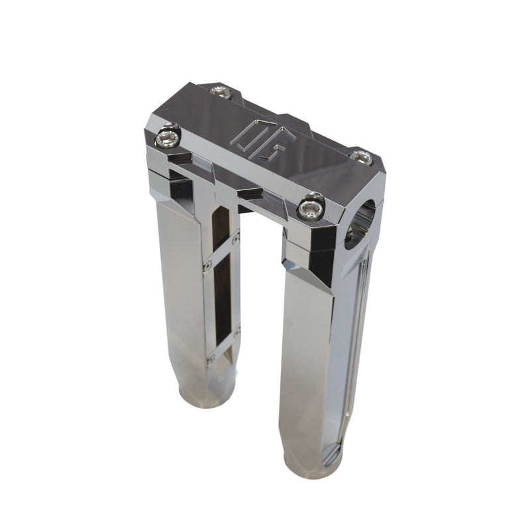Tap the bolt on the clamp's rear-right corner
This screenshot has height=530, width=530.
click(x=362, y=157)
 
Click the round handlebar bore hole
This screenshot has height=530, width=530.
click(x=359, y=224)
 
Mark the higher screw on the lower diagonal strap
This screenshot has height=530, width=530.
click(x=237, y=329)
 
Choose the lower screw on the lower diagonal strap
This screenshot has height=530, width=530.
click(x=211, y=359)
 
